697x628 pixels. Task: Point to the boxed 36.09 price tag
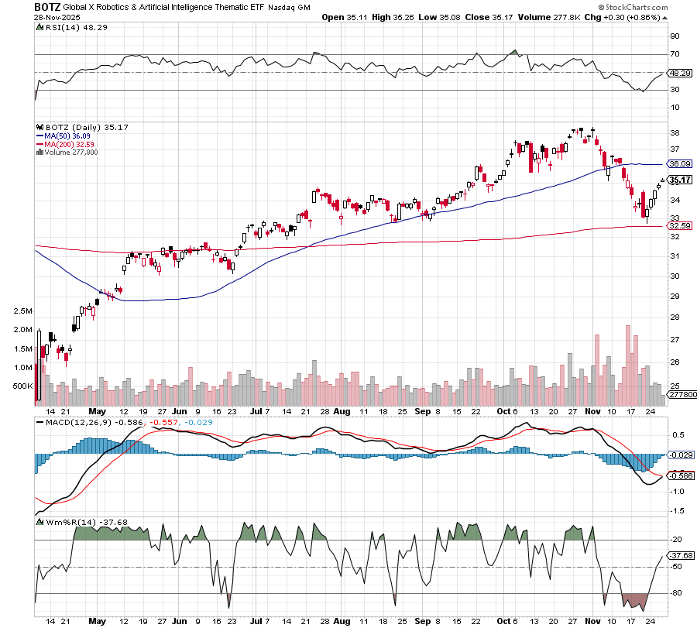679,164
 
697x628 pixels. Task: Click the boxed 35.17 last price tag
679,180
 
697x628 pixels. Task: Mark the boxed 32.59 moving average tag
679,226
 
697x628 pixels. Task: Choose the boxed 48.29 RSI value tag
679,73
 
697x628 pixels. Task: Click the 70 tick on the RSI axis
675,54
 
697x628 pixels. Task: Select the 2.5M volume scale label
22,311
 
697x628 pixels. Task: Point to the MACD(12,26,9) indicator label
72,421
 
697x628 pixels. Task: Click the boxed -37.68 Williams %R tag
679,555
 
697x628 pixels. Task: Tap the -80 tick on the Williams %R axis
676,593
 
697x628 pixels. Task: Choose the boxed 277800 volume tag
682,395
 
